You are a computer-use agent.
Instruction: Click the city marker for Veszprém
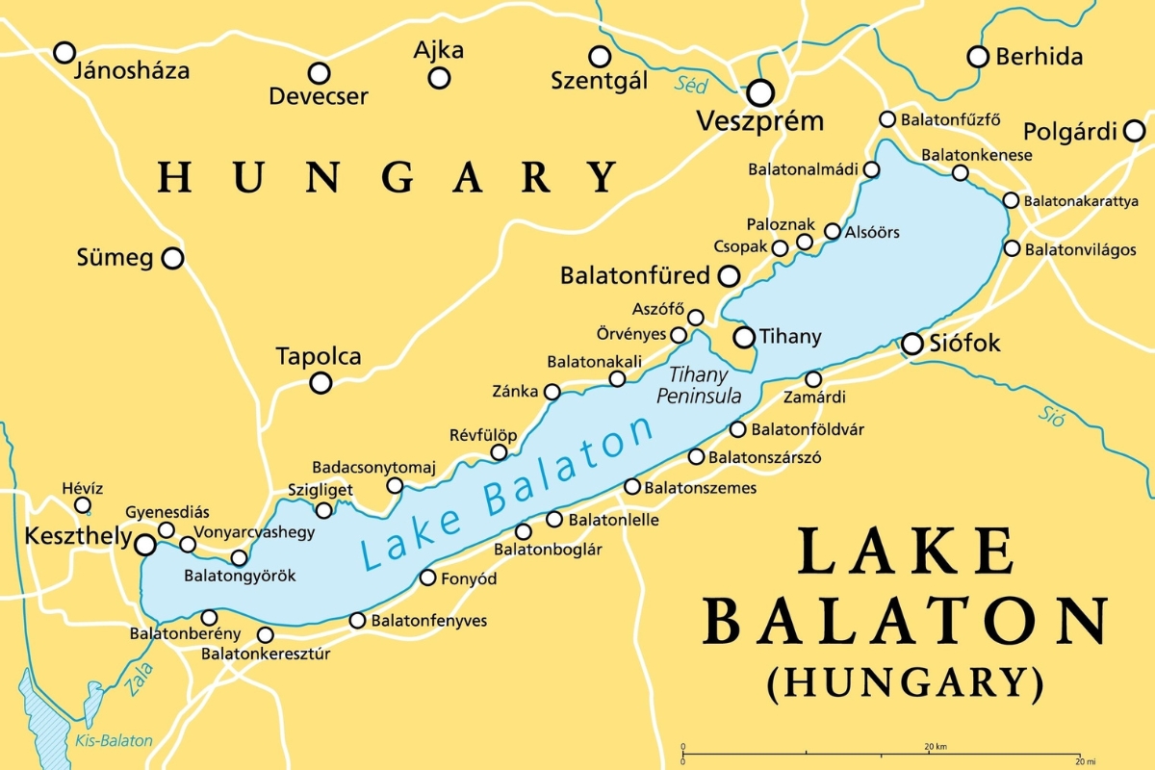tap(761, 92)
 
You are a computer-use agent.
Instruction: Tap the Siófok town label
tap(964, 344)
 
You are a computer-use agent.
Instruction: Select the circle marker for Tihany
tap(744, 337)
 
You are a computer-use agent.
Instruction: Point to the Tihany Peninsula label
tap(698, 385)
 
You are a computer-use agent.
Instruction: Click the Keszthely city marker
tap(145, 546)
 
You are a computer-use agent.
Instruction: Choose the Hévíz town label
tap(82, 488)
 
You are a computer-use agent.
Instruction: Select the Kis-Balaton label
tap(114, 740)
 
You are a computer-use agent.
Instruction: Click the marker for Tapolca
tap(321, 383)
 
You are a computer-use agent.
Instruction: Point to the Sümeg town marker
tap(172, 258)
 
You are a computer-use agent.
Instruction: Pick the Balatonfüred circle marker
tap(730, 276)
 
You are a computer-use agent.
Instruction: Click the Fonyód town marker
tap(428, 577)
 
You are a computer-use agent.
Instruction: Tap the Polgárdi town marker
tap(1135, 130)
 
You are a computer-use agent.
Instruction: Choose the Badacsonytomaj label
tap(373, 468)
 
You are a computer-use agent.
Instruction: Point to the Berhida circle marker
tap(978, 57)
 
